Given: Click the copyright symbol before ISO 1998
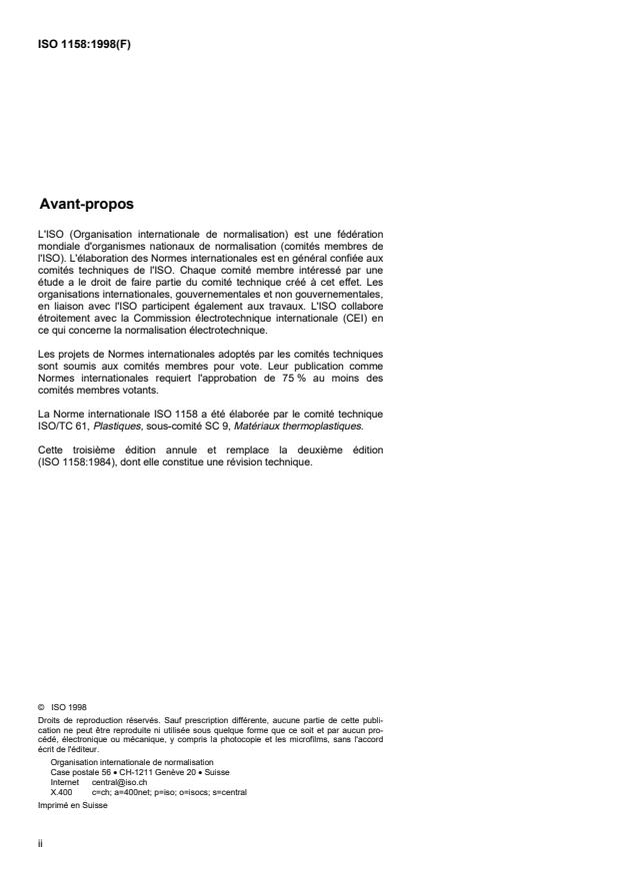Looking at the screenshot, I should pyautogui.click(x=40, y=706).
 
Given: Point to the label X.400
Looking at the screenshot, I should pyautogui.click(x=61, y=790).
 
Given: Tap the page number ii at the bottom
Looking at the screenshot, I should pyautogui.click(x=39, y=842).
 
